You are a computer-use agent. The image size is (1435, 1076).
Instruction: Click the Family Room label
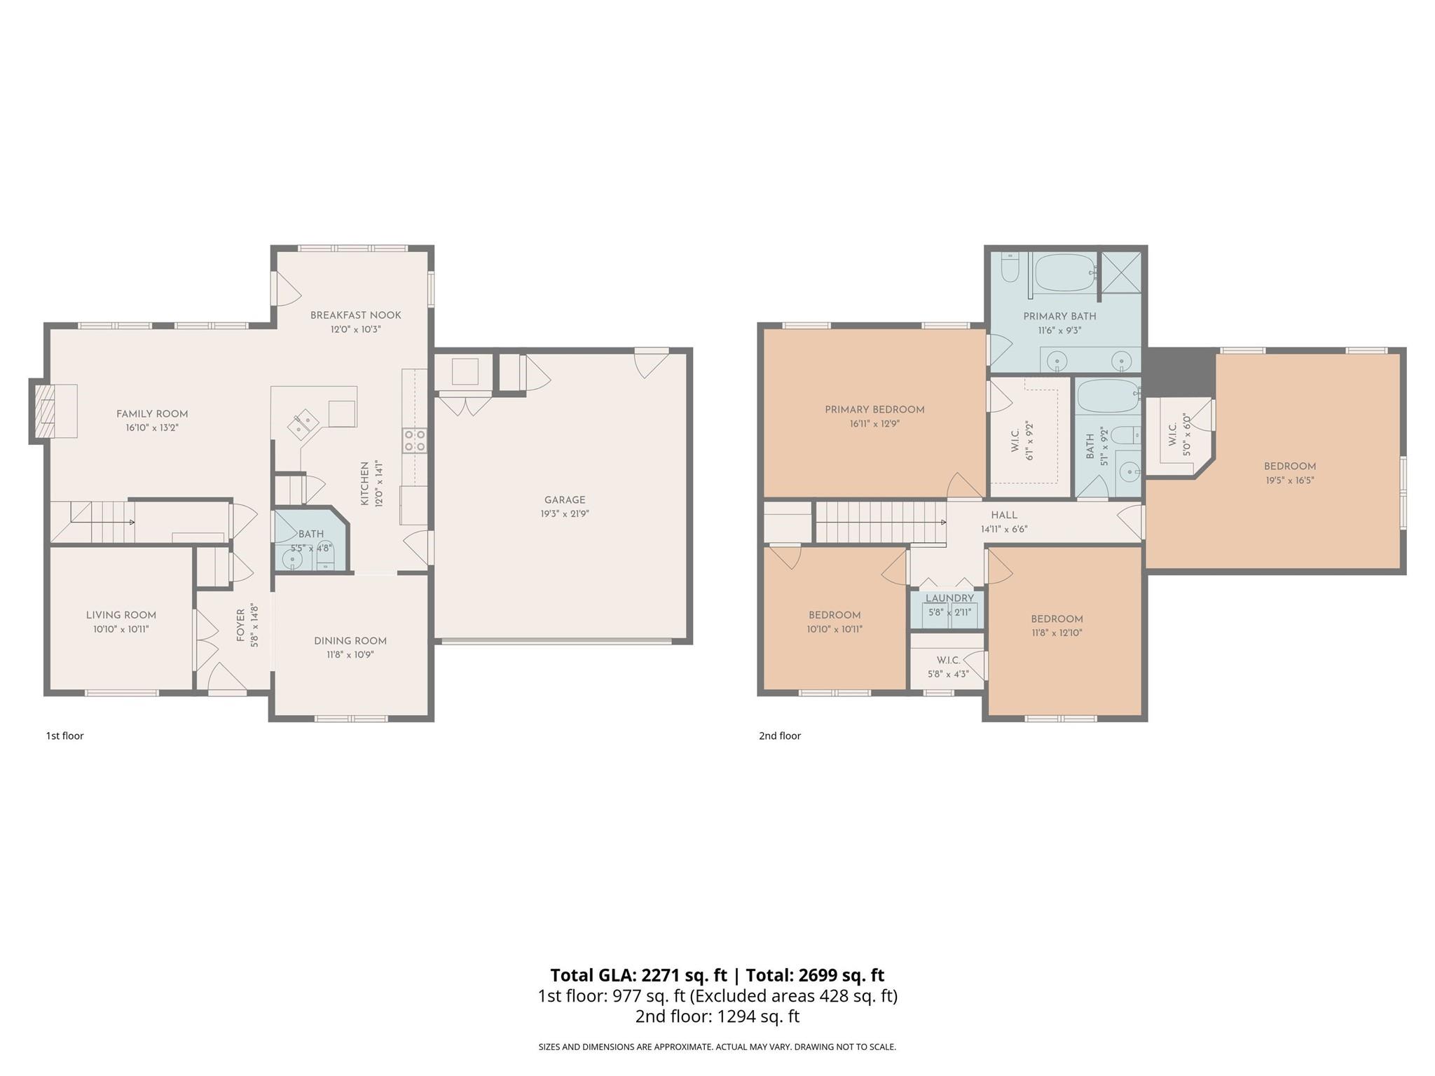(x=152, y=414)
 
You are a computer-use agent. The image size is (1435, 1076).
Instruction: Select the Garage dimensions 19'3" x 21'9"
(x=565, y=513)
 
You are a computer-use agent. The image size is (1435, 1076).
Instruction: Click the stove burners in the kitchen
(x=414, y=441)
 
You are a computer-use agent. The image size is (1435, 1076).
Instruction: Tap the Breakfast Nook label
(x=356, y=315)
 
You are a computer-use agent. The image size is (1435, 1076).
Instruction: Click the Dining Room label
(x=350, y=641)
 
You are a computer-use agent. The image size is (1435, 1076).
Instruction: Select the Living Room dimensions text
(x=121, y=629)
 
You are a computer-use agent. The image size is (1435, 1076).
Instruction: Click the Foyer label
(x=240, y=626)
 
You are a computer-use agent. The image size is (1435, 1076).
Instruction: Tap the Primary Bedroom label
(x=874, y=410)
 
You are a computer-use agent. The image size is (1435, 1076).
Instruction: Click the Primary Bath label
(x=1059, y=316)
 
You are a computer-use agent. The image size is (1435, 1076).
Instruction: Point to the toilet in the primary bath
(x=1010, y=266)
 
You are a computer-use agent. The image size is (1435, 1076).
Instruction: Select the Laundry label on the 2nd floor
(x=949, y=598)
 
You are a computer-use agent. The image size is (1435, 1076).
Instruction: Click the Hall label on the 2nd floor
(x=1004, y=515)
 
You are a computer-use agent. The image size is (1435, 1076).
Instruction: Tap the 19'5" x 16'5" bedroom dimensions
(x=1290, y=481)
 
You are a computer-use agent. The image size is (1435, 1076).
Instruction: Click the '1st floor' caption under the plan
(x=64, y=736)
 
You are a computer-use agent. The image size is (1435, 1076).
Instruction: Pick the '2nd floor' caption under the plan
(x=780, y=736)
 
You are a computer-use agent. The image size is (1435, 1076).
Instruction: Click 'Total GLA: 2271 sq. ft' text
(x=638, y=975)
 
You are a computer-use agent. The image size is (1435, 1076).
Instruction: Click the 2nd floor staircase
(x=879, y=522)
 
